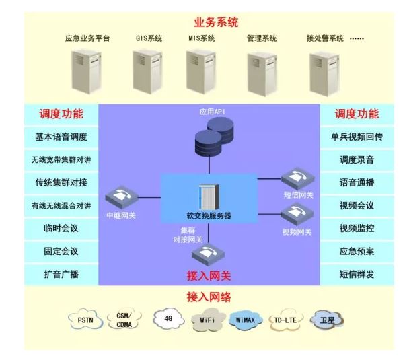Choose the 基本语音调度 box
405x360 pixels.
[x=61, y=137]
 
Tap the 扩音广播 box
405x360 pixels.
[x=61, y=274]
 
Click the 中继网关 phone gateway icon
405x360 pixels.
[x=122, y=196]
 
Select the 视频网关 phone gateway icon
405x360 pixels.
[x=297, y=215]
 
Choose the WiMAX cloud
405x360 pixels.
[x=246, y=319]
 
